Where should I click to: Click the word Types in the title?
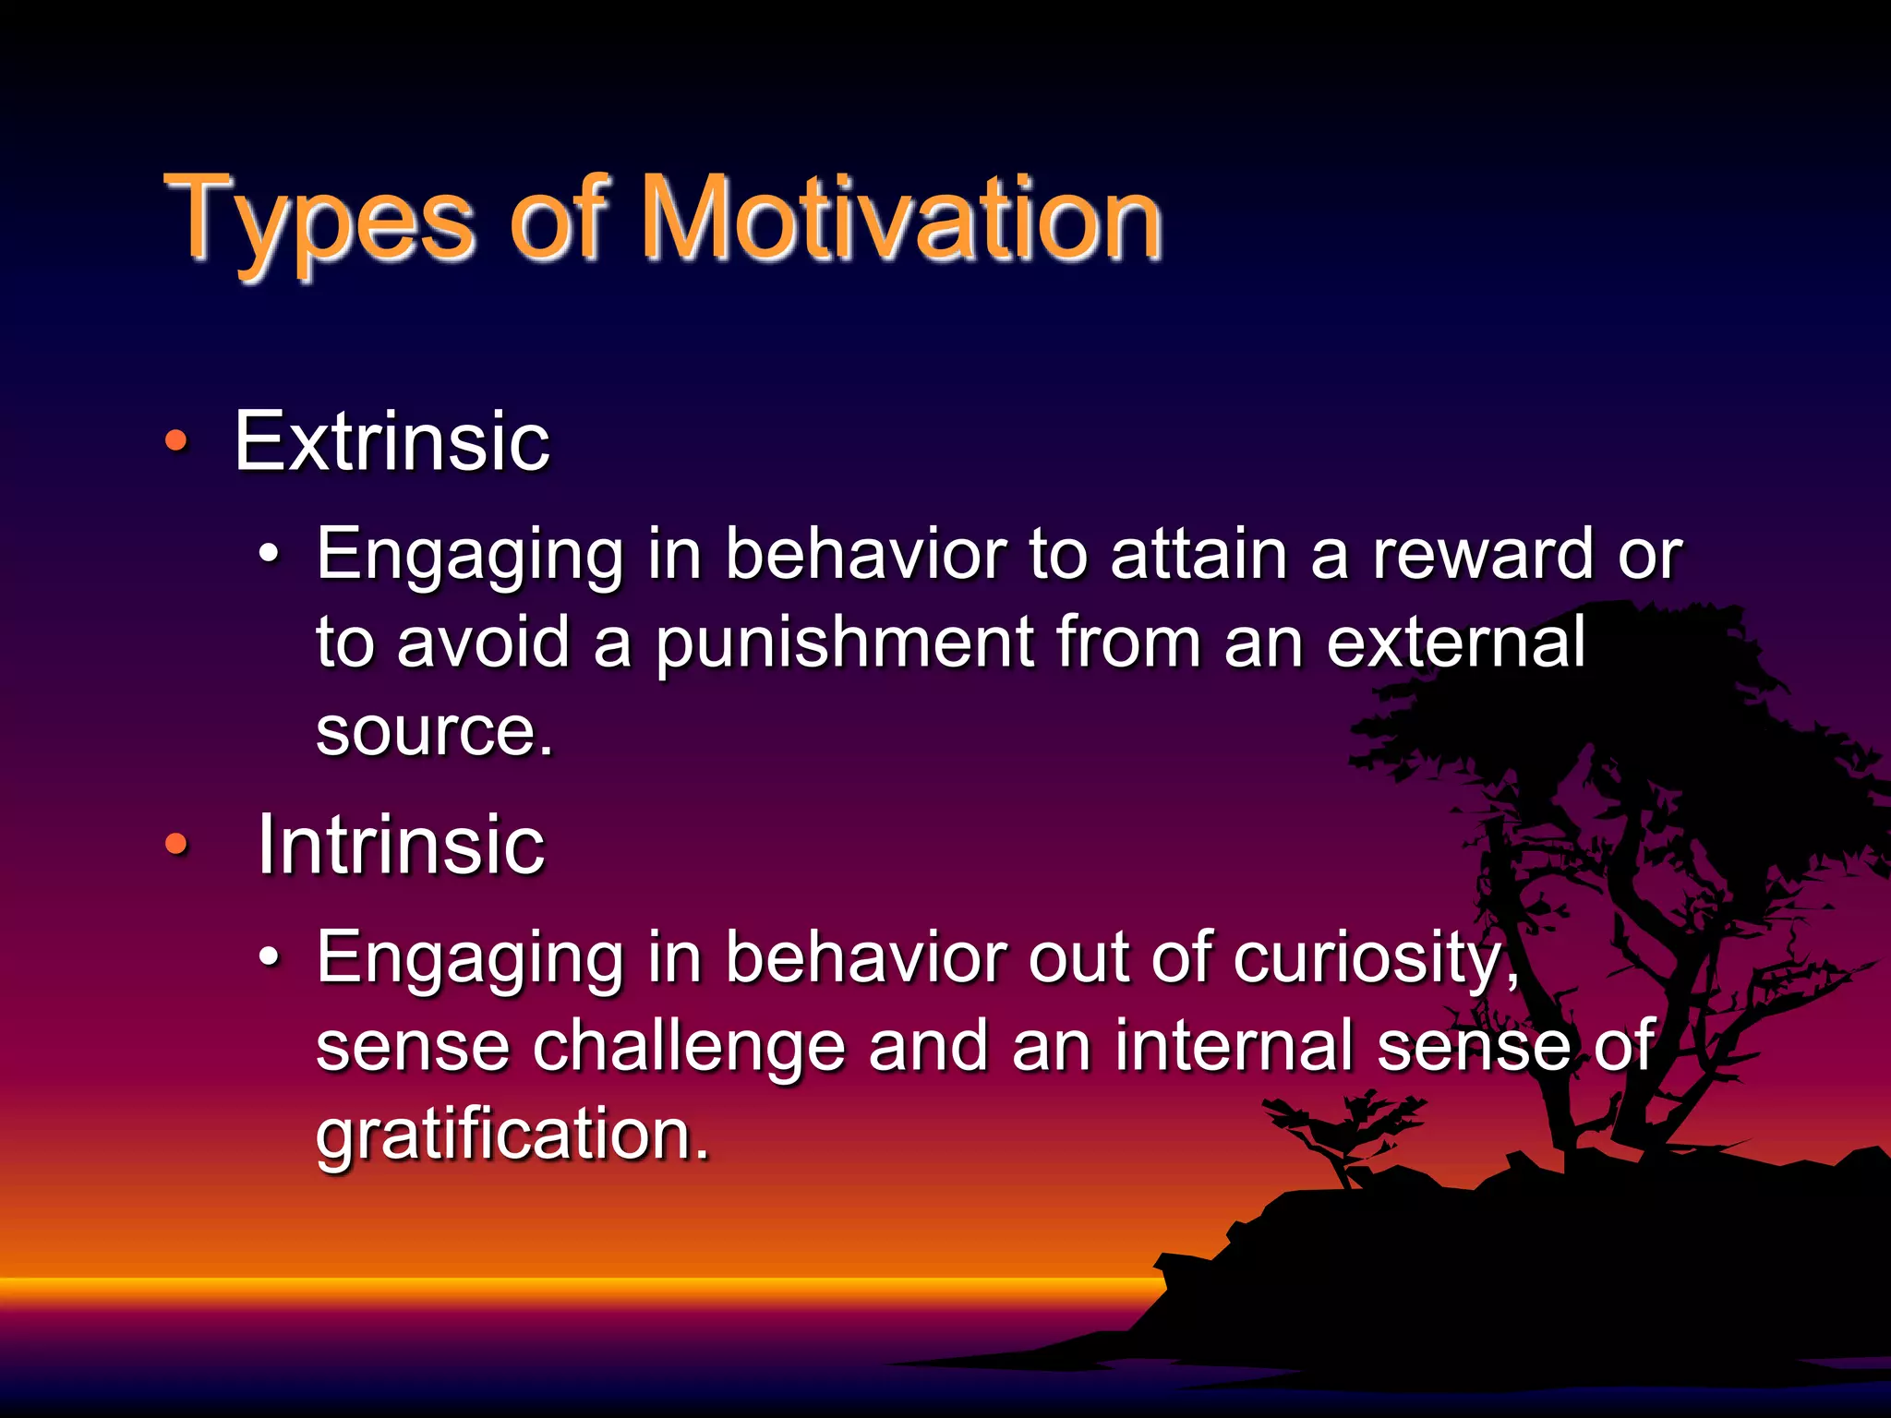coord(319,222)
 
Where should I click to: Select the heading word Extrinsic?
coord(391,442)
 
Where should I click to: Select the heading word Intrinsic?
coord(401,845)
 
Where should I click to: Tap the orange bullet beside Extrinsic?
coord(176,442)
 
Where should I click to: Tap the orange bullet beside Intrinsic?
coord(176,844)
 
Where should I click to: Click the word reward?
coord(1482,555)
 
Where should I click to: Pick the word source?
coord(434,731)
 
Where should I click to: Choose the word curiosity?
coord(1376,957)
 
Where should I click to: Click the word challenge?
coord(688,1047)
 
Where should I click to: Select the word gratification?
coord(512,1136)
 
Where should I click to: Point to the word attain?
coord(1198,555)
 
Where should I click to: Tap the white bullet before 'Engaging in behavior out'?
coord(268,957)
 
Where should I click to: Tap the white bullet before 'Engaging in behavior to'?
coord(268,554)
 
